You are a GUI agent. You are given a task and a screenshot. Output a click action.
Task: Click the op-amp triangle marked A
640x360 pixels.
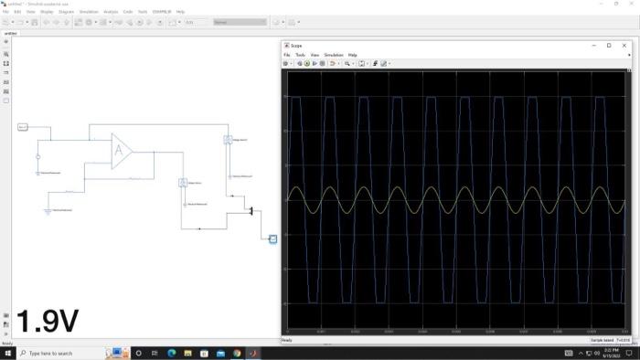[x=121, y=151]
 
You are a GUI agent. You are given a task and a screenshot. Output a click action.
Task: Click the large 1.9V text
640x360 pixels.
[x=48, y=320]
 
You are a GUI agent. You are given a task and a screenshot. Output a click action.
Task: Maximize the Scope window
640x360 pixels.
[x=609, y=45]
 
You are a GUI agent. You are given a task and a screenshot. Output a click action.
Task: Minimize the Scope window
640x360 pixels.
[x=591, y=45]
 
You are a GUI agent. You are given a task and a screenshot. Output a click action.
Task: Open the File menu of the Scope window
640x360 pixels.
[x=286, y=55]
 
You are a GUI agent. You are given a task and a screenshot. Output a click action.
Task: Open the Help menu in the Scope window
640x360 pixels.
[x=352, y=55]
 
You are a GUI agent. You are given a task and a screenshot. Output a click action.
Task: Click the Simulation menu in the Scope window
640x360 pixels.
[x=333, y=55]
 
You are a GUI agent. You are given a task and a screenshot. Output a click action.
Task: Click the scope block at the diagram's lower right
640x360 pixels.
[x=272, y=238]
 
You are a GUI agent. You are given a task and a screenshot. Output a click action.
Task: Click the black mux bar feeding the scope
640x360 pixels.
[x=251, y=212]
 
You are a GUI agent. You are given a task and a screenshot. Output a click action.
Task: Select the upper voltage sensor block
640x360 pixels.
[x=228, y=140]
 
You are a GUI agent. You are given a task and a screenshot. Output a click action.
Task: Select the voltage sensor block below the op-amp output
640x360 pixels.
[x=183, y=183]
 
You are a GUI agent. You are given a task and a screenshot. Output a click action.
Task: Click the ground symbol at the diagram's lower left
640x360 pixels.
[x=48, y=210]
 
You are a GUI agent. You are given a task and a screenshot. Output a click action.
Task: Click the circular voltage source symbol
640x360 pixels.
[x=38, y=156]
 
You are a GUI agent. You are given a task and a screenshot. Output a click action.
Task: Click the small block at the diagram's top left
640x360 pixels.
[x=23, y=126]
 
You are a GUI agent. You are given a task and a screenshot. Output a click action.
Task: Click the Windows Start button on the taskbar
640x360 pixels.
[x=7, y=353]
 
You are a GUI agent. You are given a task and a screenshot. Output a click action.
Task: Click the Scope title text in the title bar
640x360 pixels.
[x=296, y=45]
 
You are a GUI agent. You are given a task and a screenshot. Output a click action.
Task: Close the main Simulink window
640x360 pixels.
[x=631, y=4]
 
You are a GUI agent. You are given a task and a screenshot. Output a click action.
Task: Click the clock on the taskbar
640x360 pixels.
[x=611, y=353]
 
